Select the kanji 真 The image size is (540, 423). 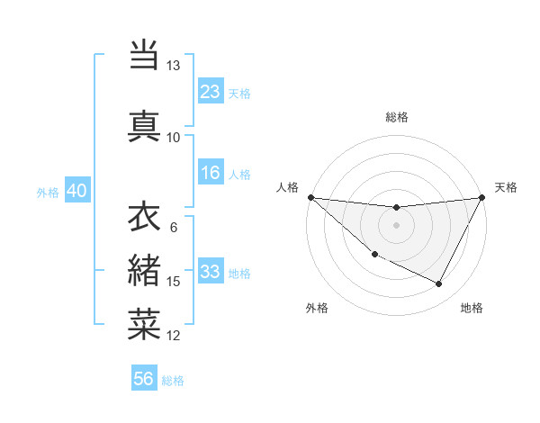(x=145, y=125)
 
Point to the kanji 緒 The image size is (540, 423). (x=145, y=271)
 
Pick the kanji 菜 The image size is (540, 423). (x=145, y=325)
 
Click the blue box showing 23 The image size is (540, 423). (x=211, y=92)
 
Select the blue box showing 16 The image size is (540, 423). (x=211, y=173)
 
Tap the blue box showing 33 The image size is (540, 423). (x=211, y=272)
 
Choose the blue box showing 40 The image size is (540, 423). (x=76, y=191)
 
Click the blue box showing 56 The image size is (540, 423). (x=144, y=379)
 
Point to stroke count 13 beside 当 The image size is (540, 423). (x=173, y=66)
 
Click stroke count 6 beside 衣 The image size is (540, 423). (x=173, y=227)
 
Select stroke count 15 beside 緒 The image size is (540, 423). (x=173, y=282)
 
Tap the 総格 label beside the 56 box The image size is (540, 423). (x=173, y=381)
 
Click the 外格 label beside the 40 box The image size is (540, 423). (x=48, y=192)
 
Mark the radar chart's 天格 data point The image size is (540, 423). (x=483, y=197)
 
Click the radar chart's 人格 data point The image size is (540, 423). (x=310, y=197)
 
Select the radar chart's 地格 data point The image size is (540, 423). (x=439, y=284)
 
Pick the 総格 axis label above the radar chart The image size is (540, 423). (x=397, y=117)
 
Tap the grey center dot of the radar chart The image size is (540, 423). (x=397, y=225)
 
